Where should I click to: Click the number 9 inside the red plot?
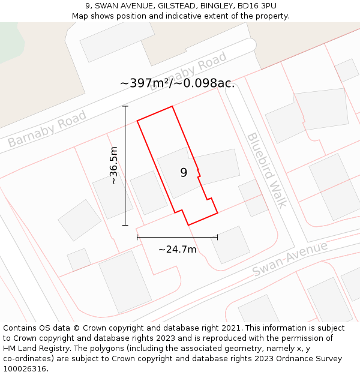(184, 173)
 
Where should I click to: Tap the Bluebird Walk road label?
(267, 170)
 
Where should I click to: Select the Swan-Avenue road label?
(290, 259)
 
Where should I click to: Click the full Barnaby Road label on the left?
(47, 128)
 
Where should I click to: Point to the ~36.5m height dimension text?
(113, 166)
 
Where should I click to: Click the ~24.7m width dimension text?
(177, 249)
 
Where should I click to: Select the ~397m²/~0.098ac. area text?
(178, 83)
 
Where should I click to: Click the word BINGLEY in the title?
(215, 5)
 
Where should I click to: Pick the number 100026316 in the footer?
(25, 369)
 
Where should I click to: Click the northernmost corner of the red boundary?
(173, 107)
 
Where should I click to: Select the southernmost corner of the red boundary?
(188, 225)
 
